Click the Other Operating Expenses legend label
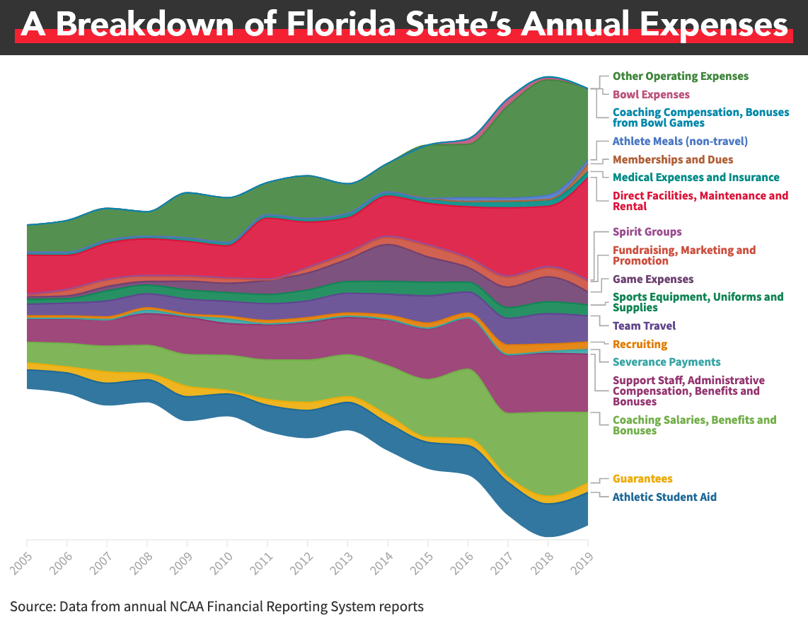680,76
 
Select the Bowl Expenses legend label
651,95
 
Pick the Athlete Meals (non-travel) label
680,141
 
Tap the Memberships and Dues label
673,160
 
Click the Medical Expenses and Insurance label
696,178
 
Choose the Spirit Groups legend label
647,232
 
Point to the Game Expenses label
653,279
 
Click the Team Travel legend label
644,326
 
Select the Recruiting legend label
640,345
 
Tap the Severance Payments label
666,362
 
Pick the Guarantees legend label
642,479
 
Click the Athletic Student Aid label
664,497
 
